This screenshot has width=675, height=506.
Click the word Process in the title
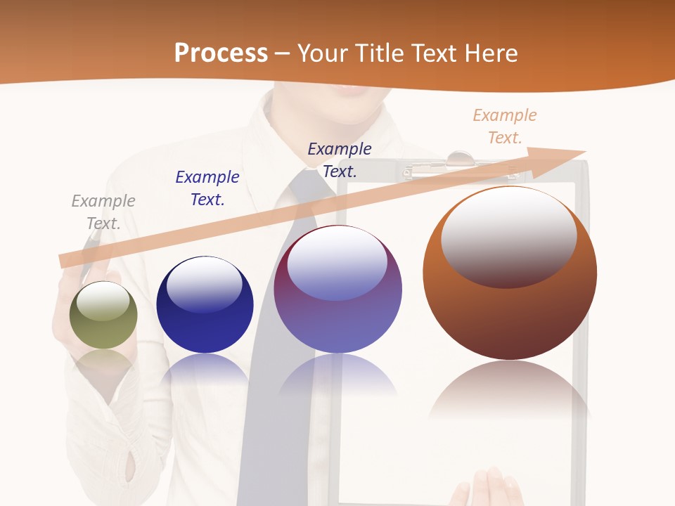coord(221,53)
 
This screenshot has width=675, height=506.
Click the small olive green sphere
coord(103,316)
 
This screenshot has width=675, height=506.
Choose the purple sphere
coord(337,290)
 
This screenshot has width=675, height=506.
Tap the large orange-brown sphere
coord(510,274)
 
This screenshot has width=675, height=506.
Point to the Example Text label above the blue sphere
coord(207,188)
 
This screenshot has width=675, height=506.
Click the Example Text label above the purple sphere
coord(340,160)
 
